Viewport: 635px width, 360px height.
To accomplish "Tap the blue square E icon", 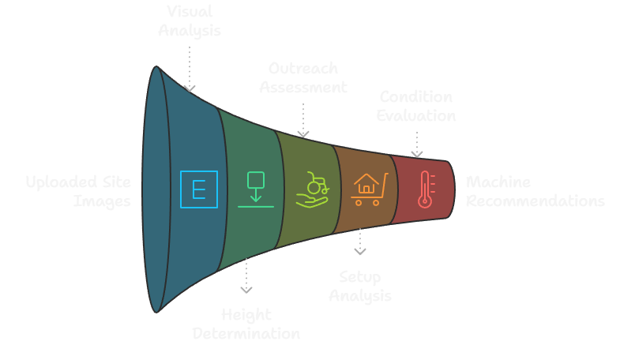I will click(x=198, y=189).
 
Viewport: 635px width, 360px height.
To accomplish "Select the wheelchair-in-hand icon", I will click(x=311, y=189).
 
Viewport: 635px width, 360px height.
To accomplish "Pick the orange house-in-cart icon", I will click(x=369, y=189).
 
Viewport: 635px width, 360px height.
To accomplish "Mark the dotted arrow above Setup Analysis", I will click(x=360, y=242).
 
